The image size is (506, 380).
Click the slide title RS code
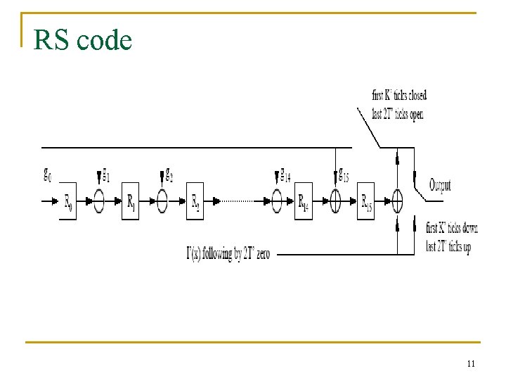pyautogui.click(x=82, y=41)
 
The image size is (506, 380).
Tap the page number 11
pyautogui.click(x=471, y=364)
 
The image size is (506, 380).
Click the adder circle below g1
pyautogui.click(x=99, y=201)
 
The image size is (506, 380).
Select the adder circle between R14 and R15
pyautogui.click(x=335, y=201)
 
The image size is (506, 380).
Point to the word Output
pyautogui.click(x=440, y=186)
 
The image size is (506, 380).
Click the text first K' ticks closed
pyautogui.click(x=398, y=95)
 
